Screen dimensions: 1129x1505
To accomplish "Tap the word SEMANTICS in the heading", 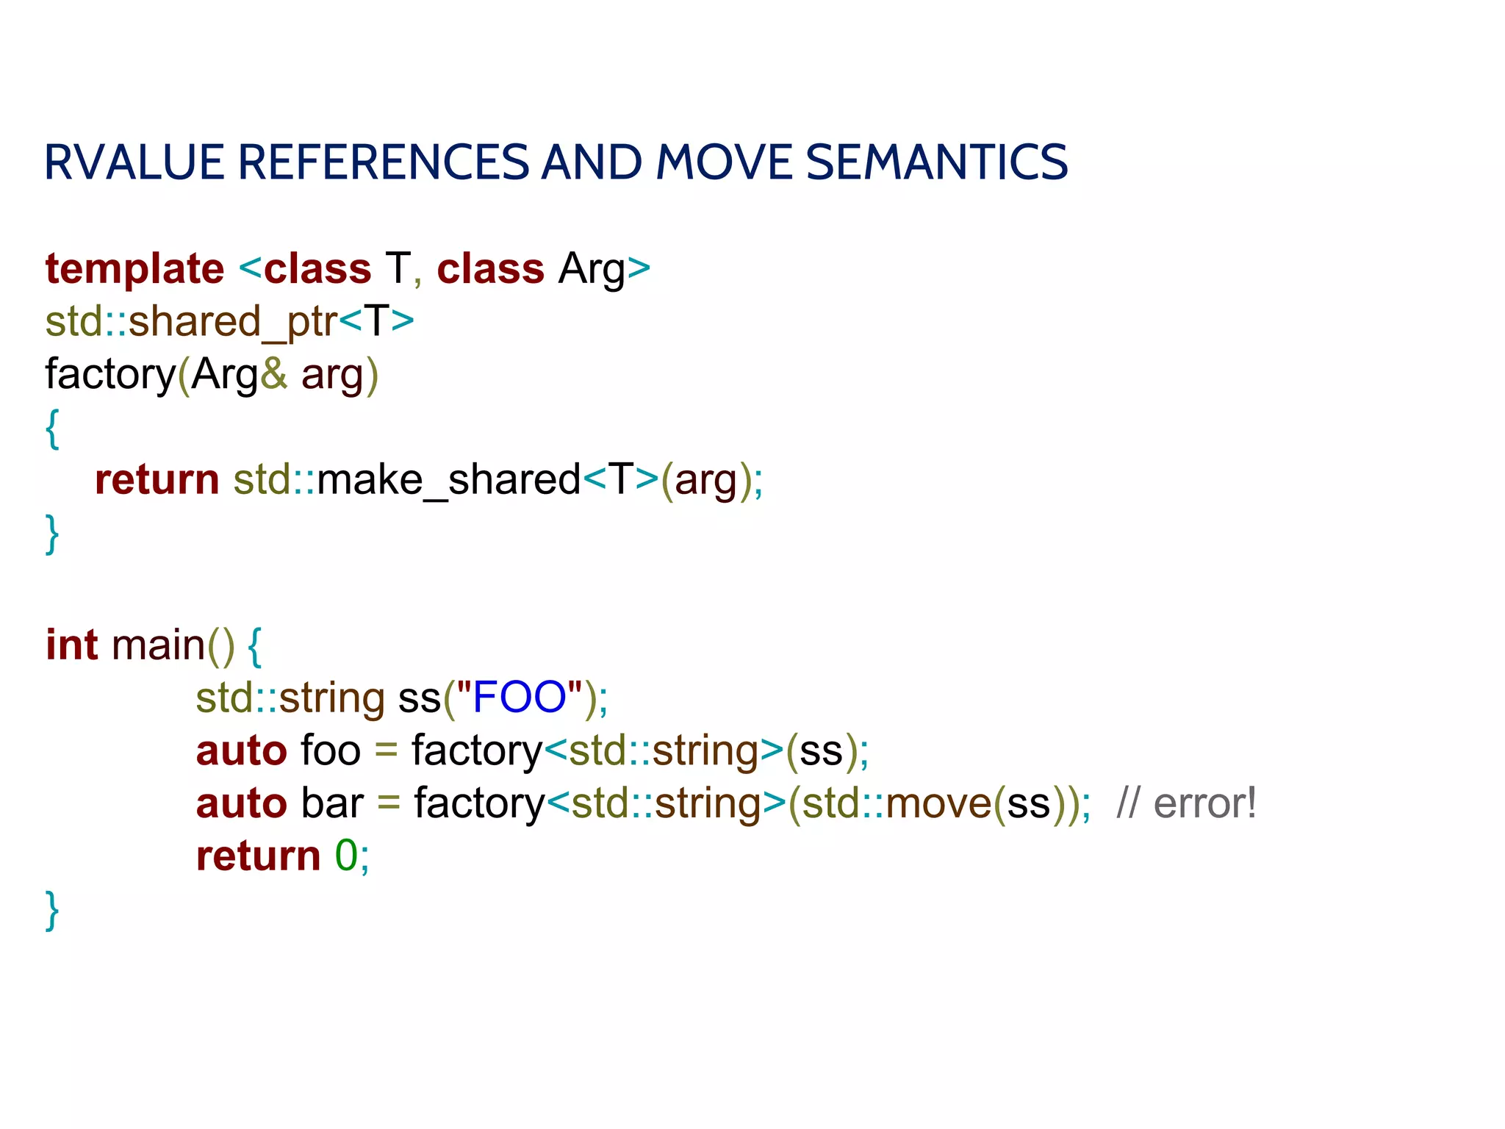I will click(937, 162).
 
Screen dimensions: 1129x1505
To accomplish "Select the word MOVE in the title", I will click(724, 162).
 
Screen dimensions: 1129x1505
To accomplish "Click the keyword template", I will click(134, 269).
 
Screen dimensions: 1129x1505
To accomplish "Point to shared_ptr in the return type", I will click(233, 322).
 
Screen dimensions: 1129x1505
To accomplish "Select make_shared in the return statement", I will click(449, 480).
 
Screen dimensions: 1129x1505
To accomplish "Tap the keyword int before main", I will click(71, 645).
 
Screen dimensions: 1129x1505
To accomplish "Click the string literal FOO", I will click(519, 697).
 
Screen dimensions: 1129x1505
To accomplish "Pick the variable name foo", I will click(331, 750).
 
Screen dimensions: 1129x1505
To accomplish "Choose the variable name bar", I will click(332, 803).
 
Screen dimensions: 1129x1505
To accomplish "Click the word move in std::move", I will click(939, 803).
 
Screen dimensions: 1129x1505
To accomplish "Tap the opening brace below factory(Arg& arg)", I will click(51, 429).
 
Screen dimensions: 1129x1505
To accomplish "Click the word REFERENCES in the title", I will click(383, 162).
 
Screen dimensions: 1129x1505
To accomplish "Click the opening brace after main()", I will click(254, 647).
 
